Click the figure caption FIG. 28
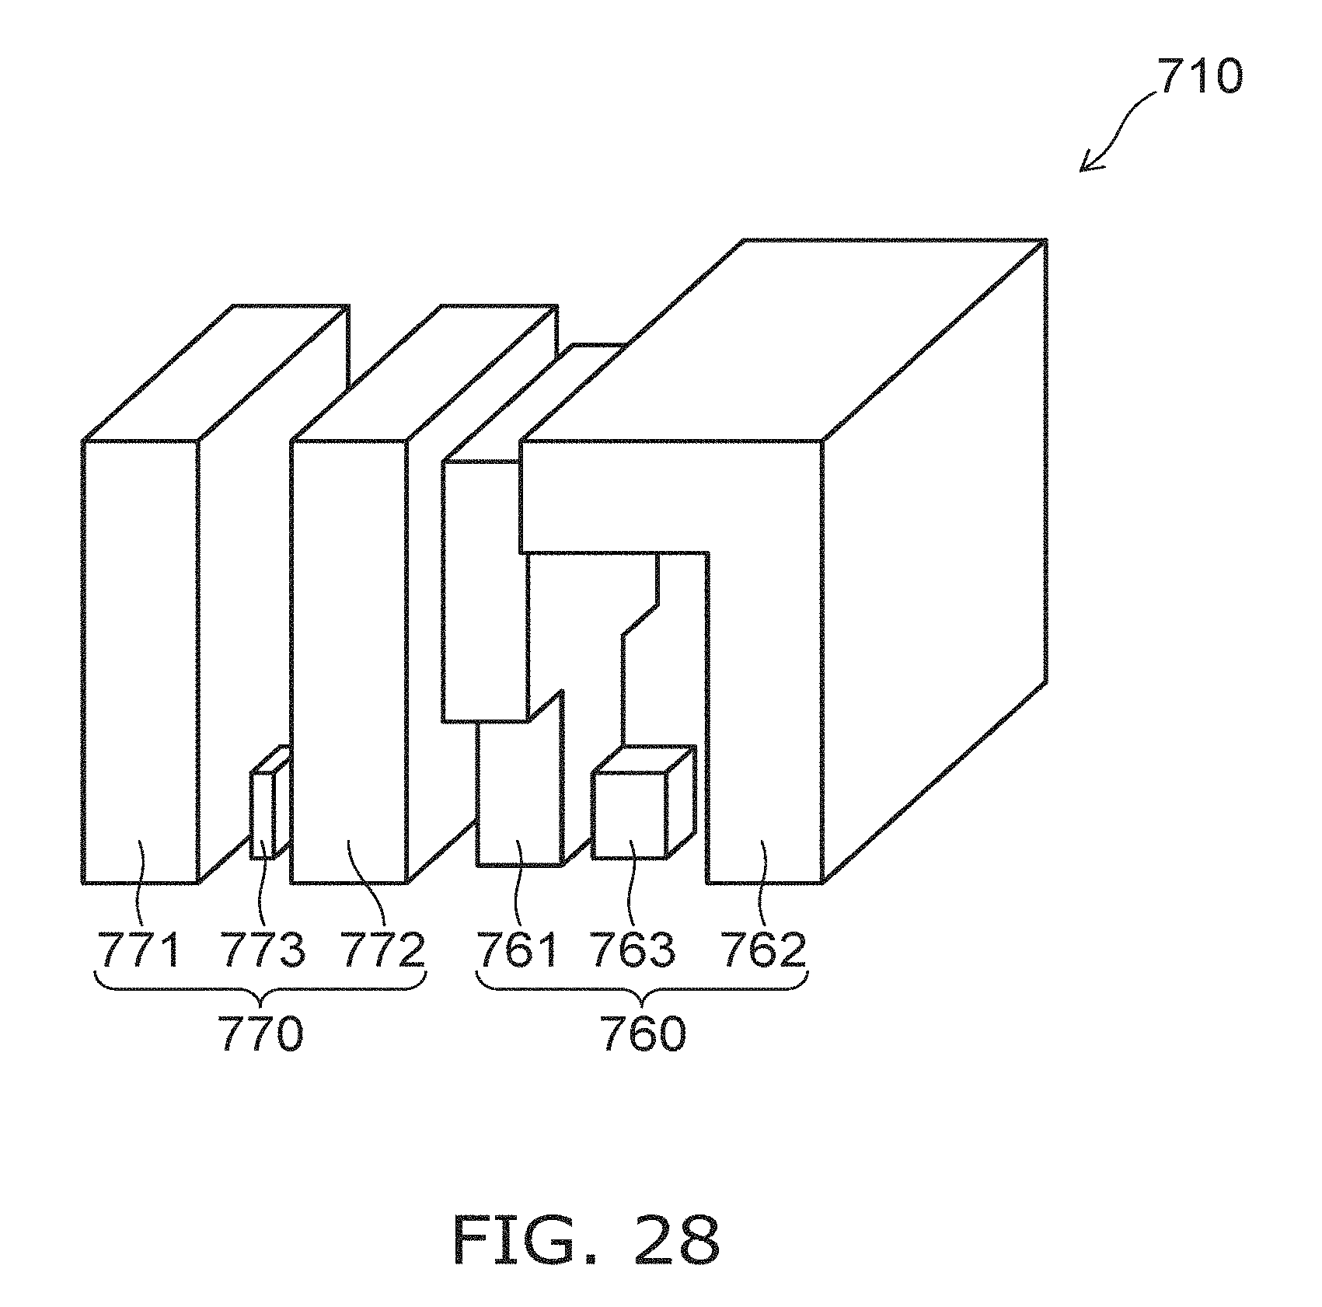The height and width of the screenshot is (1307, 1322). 586,1241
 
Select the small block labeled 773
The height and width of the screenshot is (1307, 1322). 262,814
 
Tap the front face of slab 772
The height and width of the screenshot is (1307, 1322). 348,660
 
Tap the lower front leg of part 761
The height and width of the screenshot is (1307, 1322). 518,800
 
